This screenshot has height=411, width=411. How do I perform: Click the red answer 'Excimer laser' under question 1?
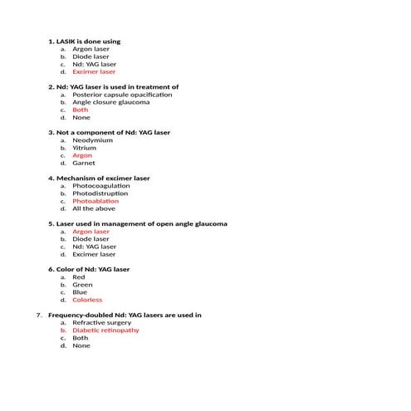94,72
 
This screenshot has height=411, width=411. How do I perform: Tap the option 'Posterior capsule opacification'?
122,95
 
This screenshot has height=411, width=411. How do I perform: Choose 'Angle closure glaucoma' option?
111,102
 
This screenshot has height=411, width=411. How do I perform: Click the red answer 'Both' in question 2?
80,110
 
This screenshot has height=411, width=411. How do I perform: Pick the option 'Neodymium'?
92,140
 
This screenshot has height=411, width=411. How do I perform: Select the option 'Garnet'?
84,163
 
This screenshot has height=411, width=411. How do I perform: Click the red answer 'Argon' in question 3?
82,155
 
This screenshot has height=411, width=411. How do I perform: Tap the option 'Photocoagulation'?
101,186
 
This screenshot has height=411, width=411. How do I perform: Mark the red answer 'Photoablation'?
95,201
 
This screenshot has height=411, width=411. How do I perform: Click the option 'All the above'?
94,208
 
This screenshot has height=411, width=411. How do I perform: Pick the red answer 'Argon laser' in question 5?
91,232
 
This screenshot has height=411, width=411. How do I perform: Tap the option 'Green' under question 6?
82,285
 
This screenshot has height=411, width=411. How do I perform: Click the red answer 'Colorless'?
87,300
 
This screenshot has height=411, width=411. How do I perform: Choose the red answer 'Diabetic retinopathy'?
105,330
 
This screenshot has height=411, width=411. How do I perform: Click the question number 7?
39,316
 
